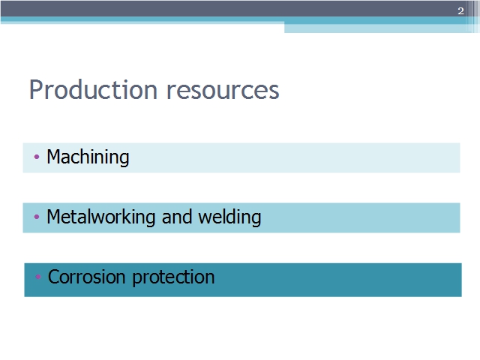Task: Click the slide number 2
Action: pyautogui.click(x=460, y=11)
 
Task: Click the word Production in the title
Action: pyautogui.click(x=93, y=90)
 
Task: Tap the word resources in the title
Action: pyautogui.click(x=223, y=91)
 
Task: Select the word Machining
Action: pyautogui.click(x=88, y=157)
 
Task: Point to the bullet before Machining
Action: pyautogui.click(x=37, y=157)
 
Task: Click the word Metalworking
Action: pyautogui.click(x=101, y=217)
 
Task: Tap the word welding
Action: pyautogui.click(x=229, y=217)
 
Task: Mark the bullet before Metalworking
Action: pyautogui.click(x=37, y=217)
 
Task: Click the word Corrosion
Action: pyautogui.click(x=87, y=277)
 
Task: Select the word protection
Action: pyautogui.click(x=173, y=277)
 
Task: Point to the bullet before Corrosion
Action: pyautogui.click(x=38, y=277)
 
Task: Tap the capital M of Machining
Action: pyautogui.click(x=53, y=157)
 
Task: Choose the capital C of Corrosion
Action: pyautogui.click(x=54, y=277)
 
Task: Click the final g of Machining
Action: pyautogui.click(x=124, y=160)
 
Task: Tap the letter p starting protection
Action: pyautogui.click(x=136, y=280)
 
